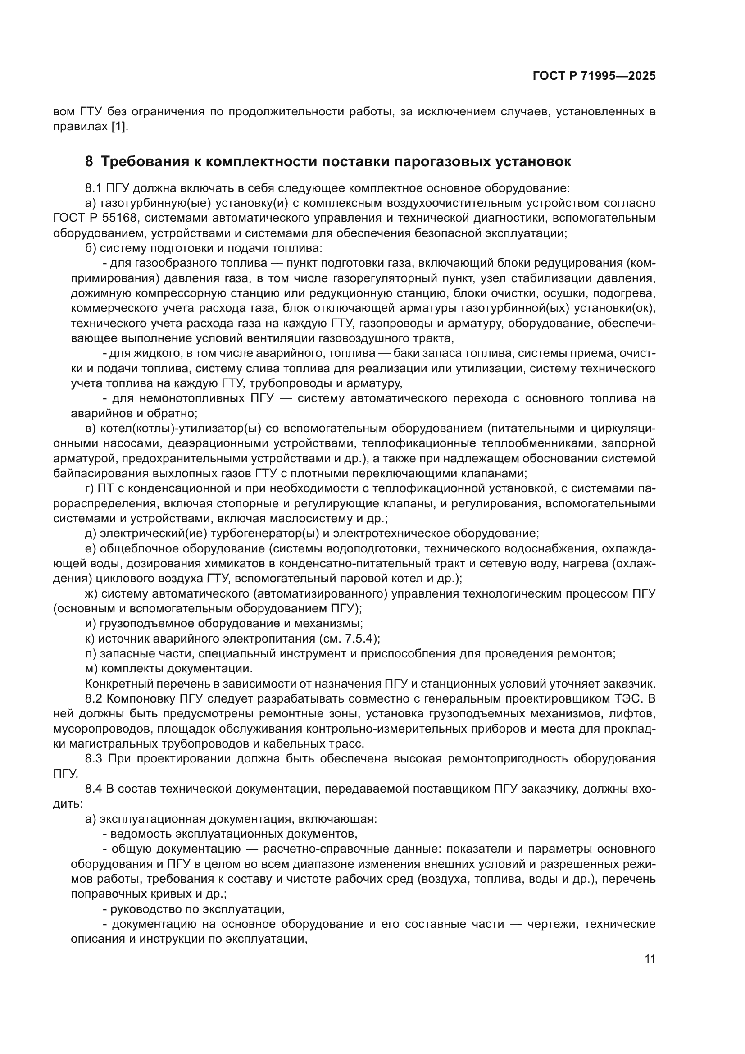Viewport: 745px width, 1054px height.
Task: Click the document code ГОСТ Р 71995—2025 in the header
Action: pos(594,76)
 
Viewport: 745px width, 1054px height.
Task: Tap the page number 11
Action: pos(650,958)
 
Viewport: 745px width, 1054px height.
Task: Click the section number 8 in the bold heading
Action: pos(89,162)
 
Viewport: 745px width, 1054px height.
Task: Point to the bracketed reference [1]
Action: pos(120,127)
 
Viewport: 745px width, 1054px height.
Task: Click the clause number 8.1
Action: pos(94,188)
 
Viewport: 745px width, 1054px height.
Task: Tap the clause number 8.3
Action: pos(94,758)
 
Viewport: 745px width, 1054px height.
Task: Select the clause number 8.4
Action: pos(94,789)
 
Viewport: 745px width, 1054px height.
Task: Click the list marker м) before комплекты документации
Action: pos(91,668)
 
